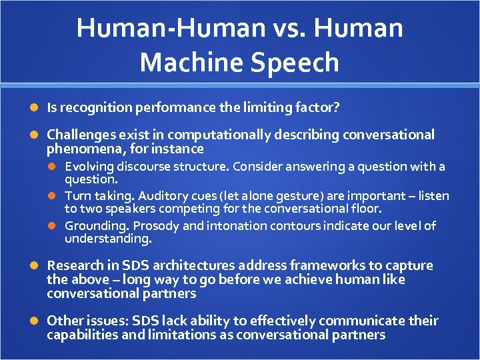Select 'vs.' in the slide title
(281, 29)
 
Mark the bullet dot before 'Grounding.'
(56, 227)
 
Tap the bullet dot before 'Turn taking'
(56, 197)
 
